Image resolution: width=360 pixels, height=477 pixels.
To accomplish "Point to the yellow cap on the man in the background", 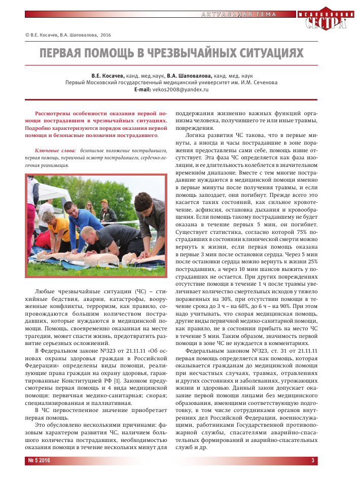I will pos(104,201).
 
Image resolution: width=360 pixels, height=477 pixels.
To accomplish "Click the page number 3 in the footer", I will pos(313,461).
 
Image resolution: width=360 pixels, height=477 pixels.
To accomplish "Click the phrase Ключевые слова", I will pos(55,151).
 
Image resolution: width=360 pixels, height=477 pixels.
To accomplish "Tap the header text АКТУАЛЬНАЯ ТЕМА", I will pos(233,13).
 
